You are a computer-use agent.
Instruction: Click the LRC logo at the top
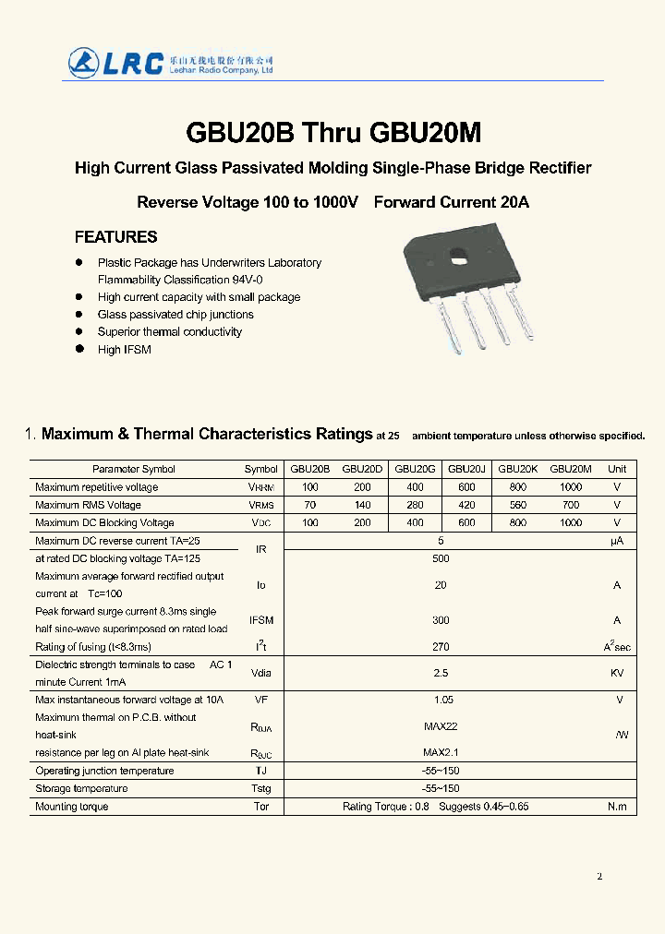pyautogui.click(x=115, y=61)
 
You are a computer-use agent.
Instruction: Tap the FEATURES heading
pyautogui.click(x=115, y=237)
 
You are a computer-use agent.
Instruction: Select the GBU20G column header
pyautogui.click(x=415, y=469)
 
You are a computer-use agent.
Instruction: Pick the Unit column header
pyautogui.click(x=617, y=469)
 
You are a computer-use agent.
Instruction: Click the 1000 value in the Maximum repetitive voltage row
pyautogui.click(x=571, y=487)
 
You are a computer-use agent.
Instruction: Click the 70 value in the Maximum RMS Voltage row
pyautogui.click(x=309, y=505)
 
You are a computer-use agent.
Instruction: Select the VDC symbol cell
pyautogui.click(x=261, y=523)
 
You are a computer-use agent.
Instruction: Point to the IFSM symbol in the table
pyautogui.click(x=261, y=621)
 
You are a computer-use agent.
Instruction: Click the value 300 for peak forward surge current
pyautogui.click(x=441, y=621)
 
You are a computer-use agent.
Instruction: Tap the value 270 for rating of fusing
pyautogui.click(x=441, y=647)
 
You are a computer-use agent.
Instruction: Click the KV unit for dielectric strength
pyautogui.click(x=617, y=673)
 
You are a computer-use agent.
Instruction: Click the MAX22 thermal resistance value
pyautogui.click(x=441, y=726)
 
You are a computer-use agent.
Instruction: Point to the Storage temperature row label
pyautogui.click(x=81, y=788)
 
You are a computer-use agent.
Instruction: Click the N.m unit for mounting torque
pyautogui.click(x=617, y=807)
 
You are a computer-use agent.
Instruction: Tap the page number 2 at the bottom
pyautogui.click(x=599, y=877)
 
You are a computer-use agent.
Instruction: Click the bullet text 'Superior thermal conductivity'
pyautogui.click(x=170, y=332)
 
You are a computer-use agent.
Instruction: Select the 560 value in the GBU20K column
pyautogui.click(x=517, y=505)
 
